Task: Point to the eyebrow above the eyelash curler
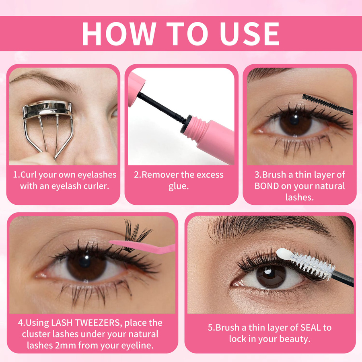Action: [x=46, y=81]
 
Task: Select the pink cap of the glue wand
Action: [x=136, y=89]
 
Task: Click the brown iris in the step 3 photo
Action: [x=296, y=122]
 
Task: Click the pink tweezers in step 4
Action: [x=143, y=246]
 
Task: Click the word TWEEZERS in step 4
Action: [x=99, y=323]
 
